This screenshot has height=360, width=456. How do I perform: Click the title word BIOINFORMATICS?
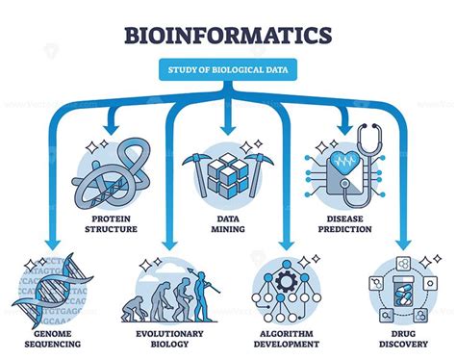[228, 35]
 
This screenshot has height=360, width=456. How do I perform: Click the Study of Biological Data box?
[228, 70]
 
